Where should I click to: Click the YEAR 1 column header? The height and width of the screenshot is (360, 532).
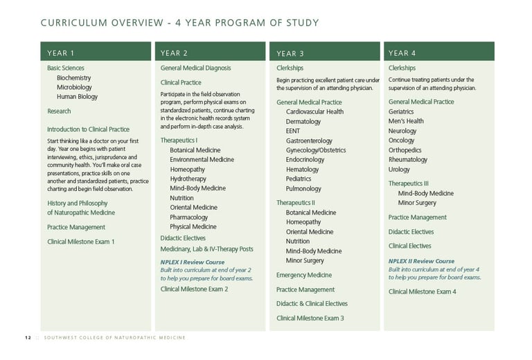[61, 53]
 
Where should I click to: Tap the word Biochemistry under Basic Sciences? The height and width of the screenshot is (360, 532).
[73, 78]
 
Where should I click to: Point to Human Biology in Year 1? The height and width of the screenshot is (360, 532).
[77, 97]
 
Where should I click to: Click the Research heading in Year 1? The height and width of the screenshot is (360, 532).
[59, 111]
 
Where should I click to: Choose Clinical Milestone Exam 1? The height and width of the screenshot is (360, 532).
[80, 242]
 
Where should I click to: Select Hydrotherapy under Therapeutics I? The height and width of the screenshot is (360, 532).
[188, 179]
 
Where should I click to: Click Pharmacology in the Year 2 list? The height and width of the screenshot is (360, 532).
[188, 217]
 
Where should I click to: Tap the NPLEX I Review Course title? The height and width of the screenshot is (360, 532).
[193, 262]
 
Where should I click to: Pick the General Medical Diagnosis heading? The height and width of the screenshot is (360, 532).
[195, 69]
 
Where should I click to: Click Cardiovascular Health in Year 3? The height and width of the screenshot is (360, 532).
[314, 111]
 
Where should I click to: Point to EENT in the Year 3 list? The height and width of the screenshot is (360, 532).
[292, 131]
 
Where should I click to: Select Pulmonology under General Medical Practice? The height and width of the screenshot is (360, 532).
[303, 188]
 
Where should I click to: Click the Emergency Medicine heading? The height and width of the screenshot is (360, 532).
[303, 276]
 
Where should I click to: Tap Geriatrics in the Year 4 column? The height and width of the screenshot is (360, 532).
[401, 111]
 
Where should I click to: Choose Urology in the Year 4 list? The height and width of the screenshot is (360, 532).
[399, 169]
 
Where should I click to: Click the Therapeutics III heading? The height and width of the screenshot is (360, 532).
[409, 183]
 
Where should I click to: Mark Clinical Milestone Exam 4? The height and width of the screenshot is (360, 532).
[423, 291]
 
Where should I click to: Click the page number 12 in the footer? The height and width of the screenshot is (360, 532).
[28, 338]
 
